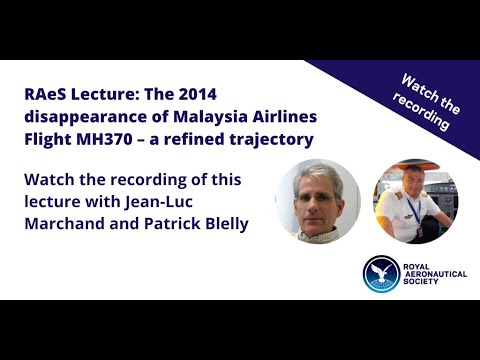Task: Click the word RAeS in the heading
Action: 46,94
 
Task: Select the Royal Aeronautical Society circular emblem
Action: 381,275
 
